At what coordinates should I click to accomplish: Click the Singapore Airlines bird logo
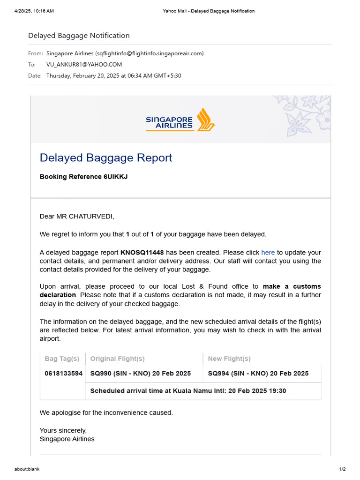tap(205, 120)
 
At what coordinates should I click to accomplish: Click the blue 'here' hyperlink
tap(268, 252)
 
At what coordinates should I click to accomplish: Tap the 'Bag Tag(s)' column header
tap(62, 359)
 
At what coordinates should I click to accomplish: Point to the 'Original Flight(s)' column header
tap(117, 359)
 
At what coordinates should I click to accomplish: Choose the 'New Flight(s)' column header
tap(229, 359)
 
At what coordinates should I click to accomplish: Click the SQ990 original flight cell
tap(140, 374)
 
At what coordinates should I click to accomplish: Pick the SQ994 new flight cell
tap(258, 374)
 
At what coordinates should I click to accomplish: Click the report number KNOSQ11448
tap(142, 252)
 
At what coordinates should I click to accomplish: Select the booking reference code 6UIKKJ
tap(115, 177)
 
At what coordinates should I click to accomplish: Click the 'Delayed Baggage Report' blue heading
tap(106, 157)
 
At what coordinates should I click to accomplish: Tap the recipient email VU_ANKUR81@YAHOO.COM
tap(84, 64)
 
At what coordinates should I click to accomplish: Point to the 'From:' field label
tap(35, 53)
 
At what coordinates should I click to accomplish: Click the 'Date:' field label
tap(35, 75)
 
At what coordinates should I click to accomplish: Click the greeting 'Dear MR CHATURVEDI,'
tap(77, 217)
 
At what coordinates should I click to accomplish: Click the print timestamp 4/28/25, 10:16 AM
tap(34, 11)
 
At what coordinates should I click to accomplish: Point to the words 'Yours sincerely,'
tap(63, 430)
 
